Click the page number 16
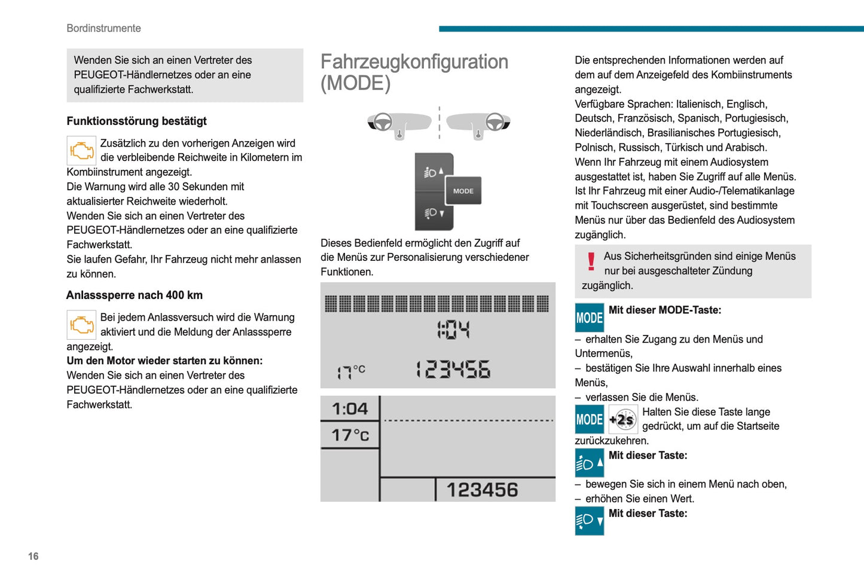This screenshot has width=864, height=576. click(33, 556)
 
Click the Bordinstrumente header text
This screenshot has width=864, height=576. click(103, 28)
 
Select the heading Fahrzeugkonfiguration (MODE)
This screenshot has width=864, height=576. click(414, 72)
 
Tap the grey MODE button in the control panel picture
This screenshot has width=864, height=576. click(463, 191)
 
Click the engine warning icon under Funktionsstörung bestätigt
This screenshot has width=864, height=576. click(81, 151)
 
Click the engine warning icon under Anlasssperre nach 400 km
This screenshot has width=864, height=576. click(81, 325)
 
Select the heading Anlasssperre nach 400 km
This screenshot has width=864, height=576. click(135, 295)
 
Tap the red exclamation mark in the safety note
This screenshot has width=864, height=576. click(591, 261)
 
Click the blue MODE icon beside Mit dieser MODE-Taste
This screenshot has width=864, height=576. click(589, 318)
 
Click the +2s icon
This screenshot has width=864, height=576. click(623, 419)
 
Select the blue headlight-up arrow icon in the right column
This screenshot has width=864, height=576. click(589, 463)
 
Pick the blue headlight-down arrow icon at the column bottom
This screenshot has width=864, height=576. click(589, 520)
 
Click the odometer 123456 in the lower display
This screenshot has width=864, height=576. click(482, 490)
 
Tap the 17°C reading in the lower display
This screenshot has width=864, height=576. click(350, 435)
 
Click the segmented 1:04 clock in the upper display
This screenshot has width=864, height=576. click(453, 330)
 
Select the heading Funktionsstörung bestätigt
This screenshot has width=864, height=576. click(136, 121)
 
